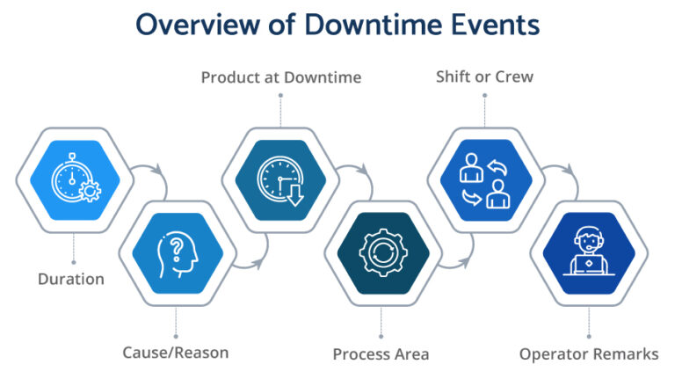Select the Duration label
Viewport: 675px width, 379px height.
click(71, 280)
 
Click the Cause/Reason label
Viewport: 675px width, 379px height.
click(176, 353)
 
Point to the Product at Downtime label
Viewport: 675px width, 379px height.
click(280, 77)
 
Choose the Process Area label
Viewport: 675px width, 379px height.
click(381, 354)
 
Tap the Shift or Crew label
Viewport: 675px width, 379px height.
click(484, 77)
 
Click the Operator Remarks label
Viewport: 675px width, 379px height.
click(588, 354)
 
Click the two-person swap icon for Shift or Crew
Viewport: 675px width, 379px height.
click(485, 179)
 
